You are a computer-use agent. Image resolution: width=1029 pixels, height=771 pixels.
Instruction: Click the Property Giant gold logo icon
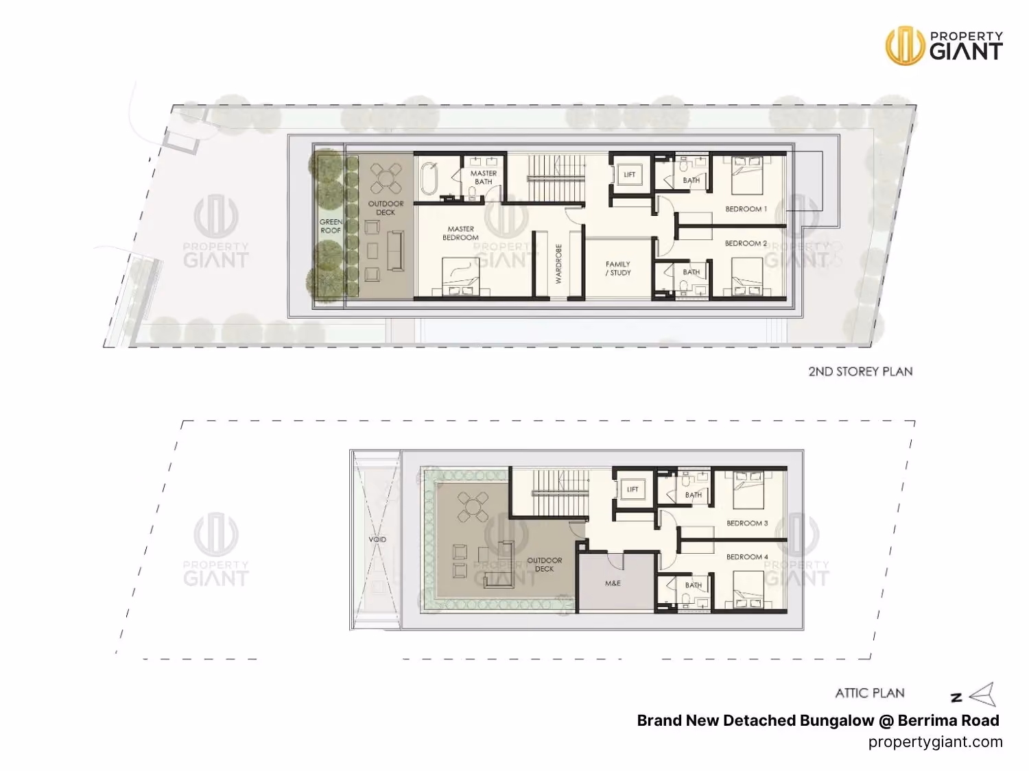905,45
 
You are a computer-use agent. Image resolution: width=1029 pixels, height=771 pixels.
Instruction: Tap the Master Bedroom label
460,233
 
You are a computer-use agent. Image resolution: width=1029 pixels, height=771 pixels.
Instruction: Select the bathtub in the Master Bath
429,178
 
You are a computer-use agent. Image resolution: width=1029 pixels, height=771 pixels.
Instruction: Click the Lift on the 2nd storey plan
629,175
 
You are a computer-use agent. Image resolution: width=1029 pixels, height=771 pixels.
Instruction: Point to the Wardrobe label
558,263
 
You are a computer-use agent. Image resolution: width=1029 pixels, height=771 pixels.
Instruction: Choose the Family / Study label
618,268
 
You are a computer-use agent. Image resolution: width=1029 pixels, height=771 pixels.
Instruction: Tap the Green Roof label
331,226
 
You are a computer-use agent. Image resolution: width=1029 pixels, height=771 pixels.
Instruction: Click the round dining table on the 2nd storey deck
386,178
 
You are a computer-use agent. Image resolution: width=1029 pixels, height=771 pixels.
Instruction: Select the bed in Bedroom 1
748,175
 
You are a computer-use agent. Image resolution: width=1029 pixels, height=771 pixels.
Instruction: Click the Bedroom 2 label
746,243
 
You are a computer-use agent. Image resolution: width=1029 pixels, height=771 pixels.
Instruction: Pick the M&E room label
613,583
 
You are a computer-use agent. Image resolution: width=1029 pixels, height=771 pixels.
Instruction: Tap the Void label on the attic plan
377,540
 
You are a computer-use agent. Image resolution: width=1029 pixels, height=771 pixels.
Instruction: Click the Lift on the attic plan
632,489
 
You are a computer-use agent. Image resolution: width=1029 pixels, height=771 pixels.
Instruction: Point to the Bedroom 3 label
747,524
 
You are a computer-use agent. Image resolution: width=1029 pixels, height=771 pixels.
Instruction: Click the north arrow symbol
982,694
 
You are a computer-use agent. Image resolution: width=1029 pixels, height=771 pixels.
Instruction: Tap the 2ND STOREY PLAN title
860,371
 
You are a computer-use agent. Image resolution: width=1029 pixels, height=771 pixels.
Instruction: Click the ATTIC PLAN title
870,693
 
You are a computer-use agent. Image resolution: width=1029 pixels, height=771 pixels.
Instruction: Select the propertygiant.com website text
935,742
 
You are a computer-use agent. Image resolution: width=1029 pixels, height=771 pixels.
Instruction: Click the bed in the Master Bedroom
460,277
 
